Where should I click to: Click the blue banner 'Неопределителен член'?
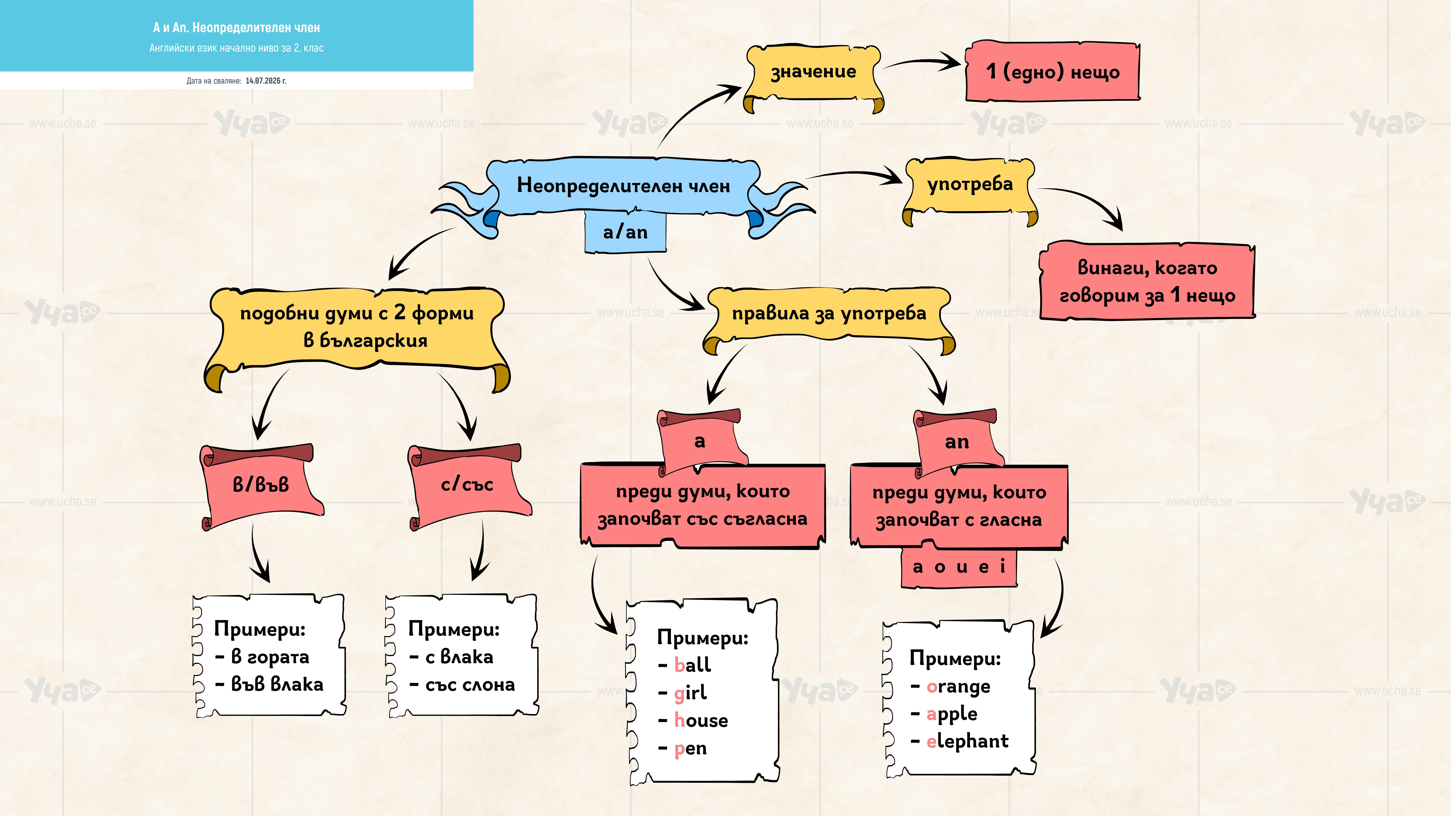click(x=623, y=186)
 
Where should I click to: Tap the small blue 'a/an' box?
click(x=625, y=232)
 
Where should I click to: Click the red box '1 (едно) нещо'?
click(x=1052, y=71)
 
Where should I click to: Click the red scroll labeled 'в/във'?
click(x=261, y=485)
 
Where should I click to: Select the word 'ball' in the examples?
click(x=692, y=665)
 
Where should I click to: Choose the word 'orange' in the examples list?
click(x=958, y=687)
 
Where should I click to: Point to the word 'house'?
click(x=701, y=720)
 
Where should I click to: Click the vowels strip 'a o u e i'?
click(x=959, y=567)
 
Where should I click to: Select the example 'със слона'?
click(x=470, y=685)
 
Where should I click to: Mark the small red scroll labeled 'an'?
click(x=958, y=442)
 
